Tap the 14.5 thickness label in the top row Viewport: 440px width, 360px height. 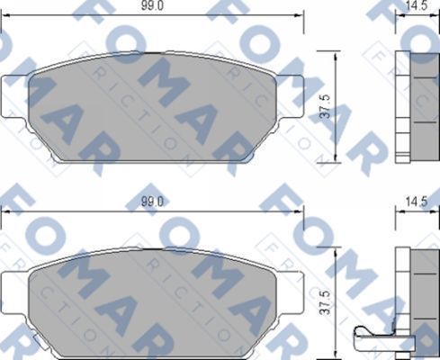416,5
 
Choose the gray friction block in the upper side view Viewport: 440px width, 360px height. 423,106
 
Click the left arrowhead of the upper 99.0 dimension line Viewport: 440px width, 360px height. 4,15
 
